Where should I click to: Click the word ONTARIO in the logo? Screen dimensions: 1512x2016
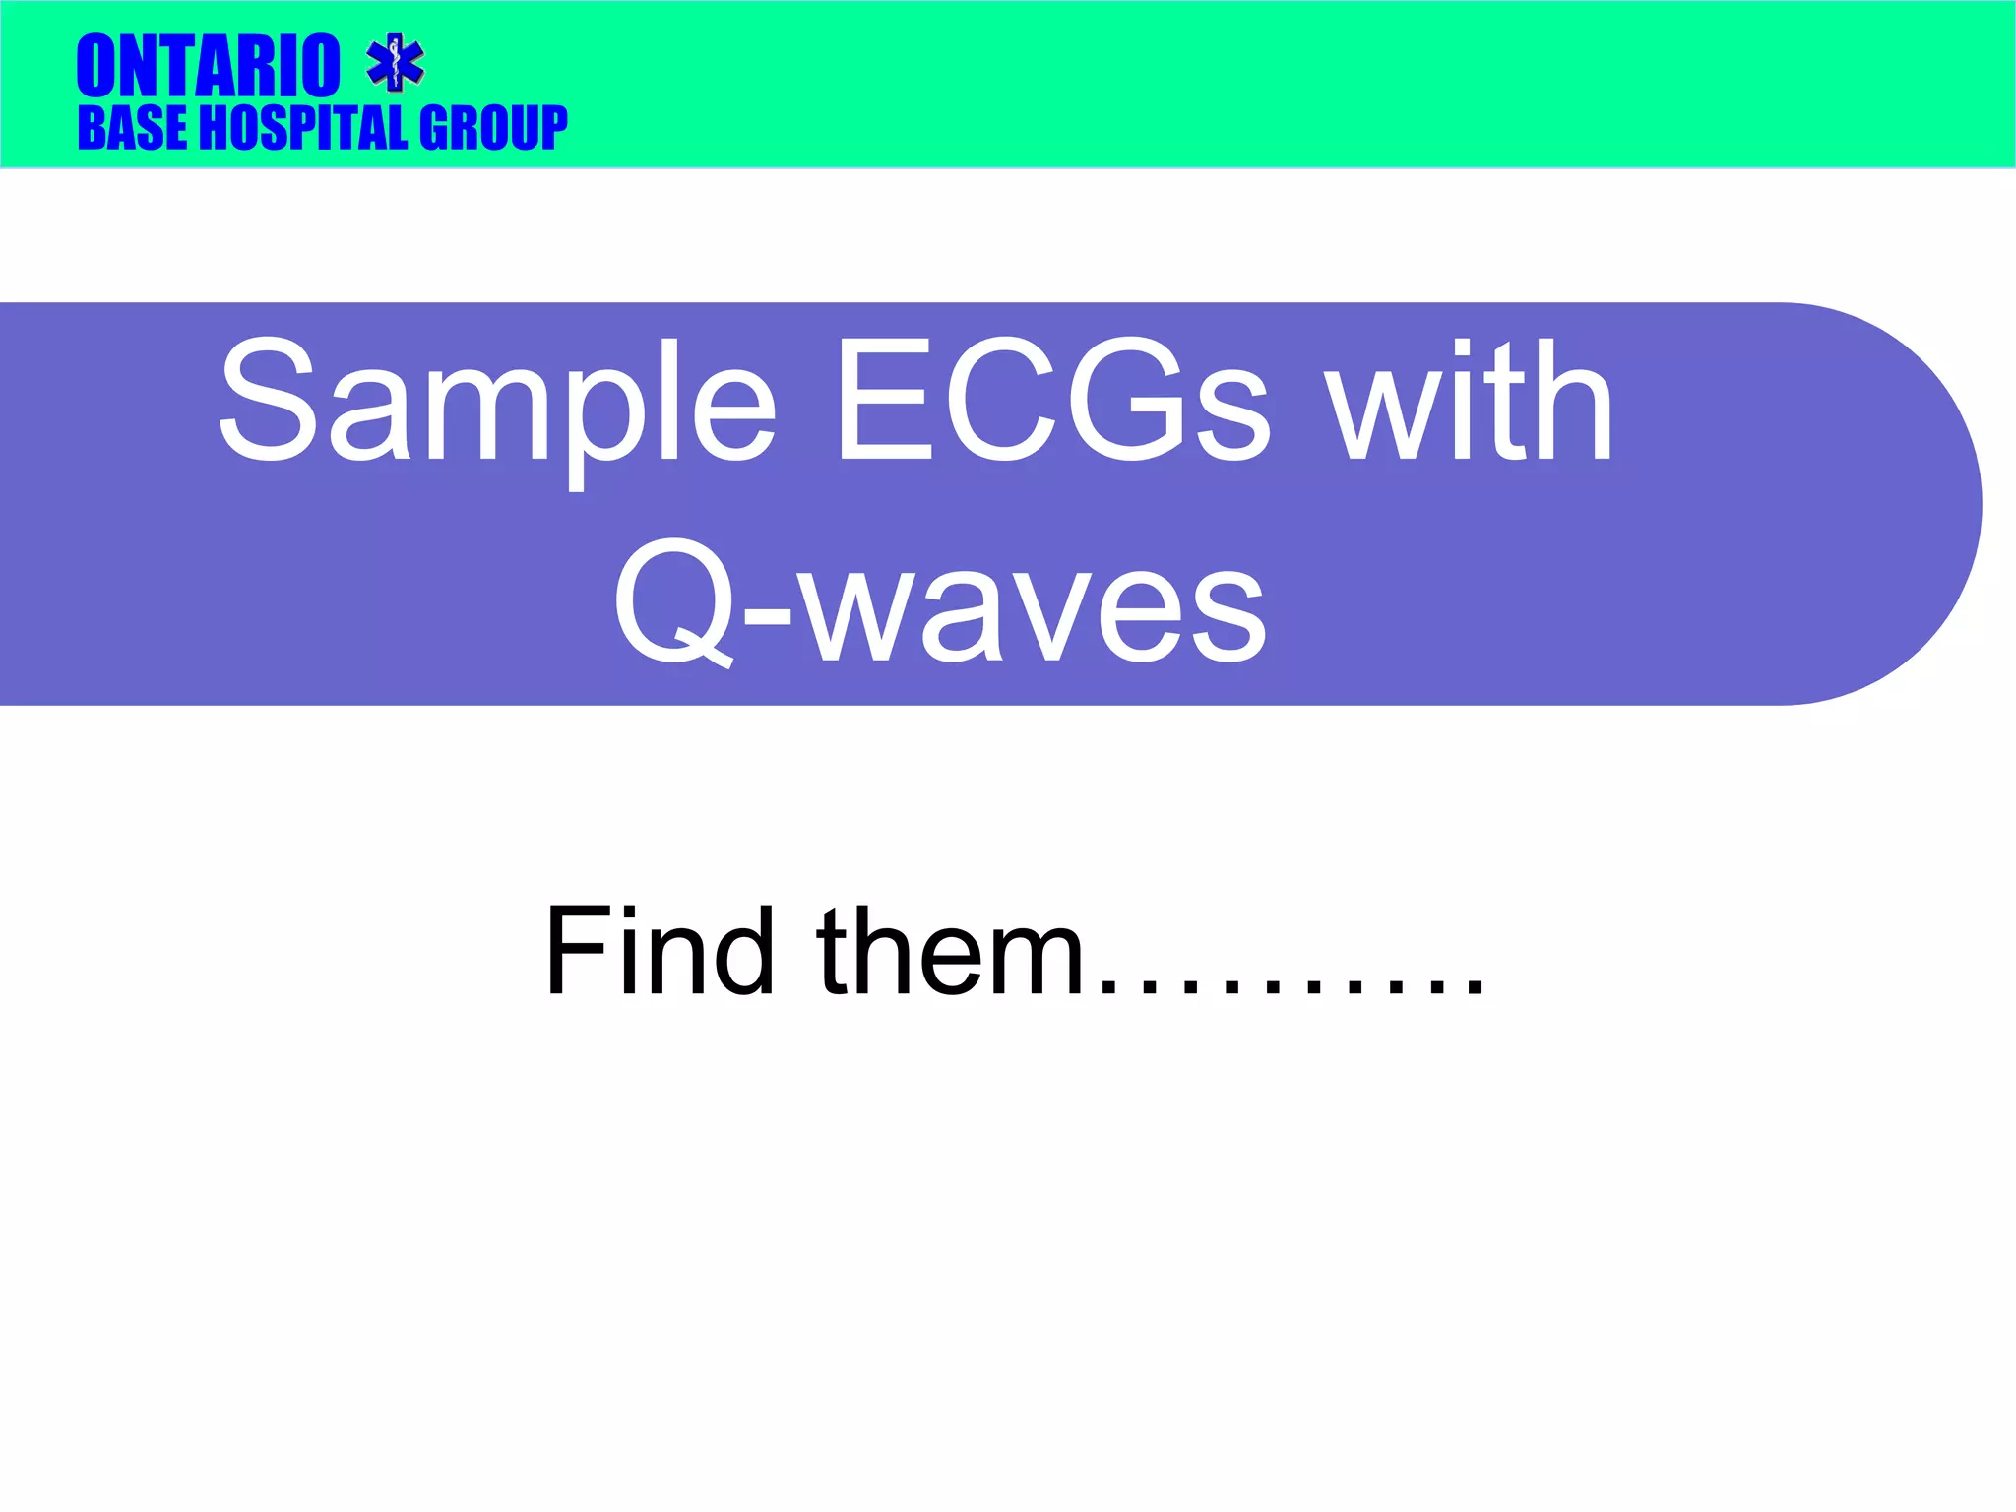coord(209,66)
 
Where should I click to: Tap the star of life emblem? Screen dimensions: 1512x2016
coord(395,62)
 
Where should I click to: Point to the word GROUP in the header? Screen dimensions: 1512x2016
coord(493,129)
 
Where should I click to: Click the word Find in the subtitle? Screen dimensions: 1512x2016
coord(660,951)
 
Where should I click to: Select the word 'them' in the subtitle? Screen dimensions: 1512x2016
coord(950,951)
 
